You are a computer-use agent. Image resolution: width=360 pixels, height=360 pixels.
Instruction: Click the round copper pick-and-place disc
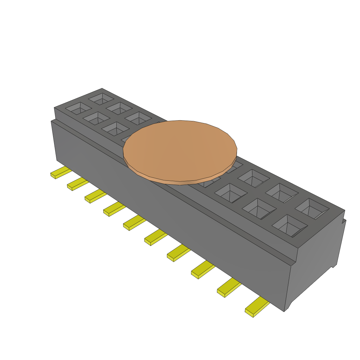click(180, 151)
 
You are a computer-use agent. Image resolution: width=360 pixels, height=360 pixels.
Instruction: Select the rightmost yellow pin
click(257, 307)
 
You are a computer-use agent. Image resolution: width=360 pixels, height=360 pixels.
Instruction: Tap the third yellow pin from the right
click(202, 270)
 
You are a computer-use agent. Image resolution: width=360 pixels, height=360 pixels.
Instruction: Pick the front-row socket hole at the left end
click(78, 108)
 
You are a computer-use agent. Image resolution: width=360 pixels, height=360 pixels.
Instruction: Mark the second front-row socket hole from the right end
click(259, 208)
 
